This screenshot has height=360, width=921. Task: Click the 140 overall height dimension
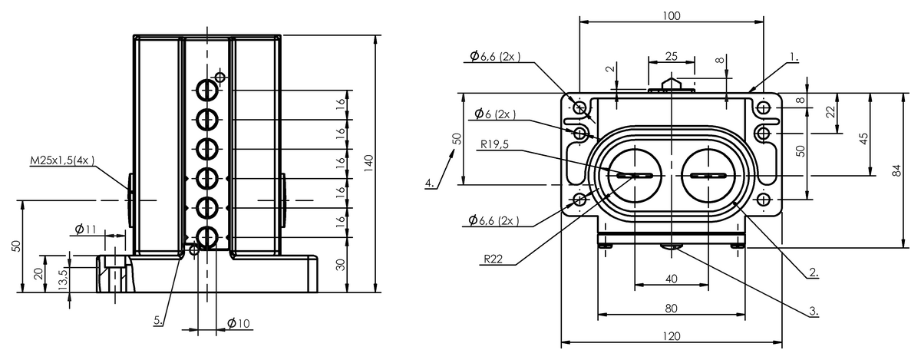[369, 163]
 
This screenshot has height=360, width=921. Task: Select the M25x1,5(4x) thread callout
[62, 160]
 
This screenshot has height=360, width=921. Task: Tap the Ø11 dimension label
[85, 229]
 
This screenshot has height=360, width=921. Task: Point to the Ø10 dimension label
[239, 323]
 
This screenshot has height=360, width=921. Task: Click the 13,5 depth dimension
[63, 279]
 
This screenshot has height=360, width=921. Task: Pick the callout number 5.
[159, 320]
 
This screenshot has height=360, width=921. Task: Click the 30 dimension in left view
[341, 265]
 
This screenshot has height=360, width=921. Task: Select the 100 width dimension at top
[672, 16]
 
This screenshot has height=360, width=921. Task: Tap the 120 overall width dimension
[672, 336]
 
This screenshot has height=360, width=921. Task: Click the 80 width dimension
[671, 309]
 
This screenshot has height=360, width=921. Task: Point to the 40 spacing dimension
[671, 279]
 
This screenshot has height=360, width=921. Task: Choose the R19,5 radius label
[494, 144]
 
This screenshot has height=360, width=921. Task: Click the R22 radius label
[493, 259]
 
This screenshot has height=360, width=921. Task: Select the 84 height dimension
[896, 170]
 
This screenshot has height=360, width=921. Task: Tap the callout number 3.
[814, 311]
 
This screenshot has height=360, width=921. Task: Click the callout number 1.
[794, 58]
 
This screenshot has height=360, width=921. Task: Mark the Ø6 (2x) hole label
[495, 114]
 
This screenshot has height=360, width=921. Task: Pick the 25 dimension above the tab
[672, 56]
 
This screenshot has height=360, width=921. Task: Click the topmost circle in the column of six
[206, 90]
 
